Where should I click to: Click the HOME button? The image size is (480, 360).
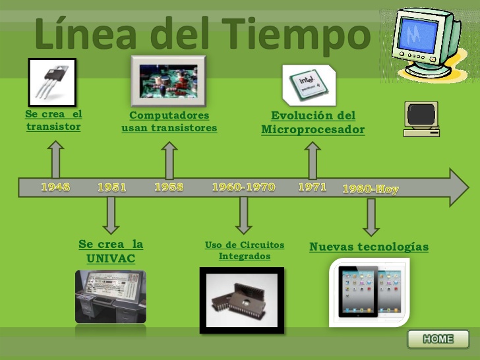(438, 340)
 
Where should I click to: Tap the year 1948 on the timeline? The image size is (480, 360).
(55, 187)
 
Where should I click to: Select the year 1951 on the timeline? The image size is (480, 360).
(112, 187)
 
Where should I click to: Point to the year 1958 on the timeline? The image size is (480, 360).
(169, 187)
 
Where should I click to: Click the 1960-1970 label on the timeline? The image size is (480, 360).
(243, 187)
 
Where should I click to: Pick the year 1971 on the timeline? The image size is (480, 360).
(312, 187)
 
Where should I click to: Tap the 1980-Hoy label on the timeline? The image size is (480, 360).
(371, 189)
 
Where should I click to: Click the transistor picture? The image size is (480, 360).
(52, 82)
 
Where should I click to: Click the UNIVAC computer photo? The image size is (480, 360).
(110, 297)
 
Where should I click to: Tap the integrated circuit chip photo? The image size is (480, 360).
(242, 300)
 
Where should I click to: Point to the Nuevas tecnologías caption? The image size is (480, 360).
(369, 247)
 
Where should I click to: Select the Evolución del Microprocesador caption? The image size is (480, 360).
(313, 123)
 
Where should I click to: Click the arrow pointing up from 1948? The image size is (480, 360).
(57, 160)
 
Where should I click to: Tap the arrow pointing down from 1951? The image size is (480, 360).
(111, 214)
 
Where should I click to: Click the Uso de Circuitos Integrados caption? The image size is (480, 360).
(244, 251)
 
